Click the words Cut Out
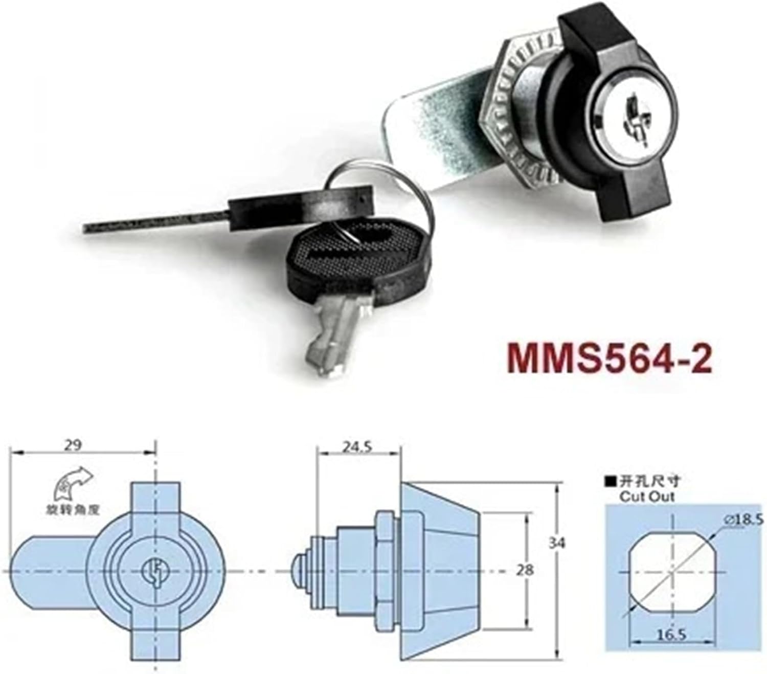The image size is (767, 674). tap(646, 496)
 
